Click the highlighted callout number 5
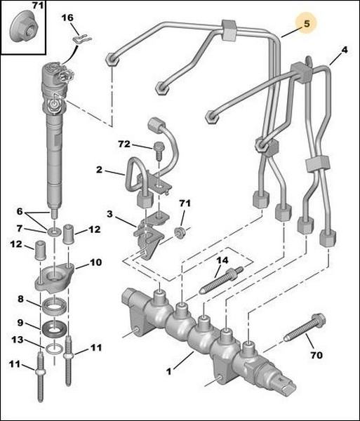[x=307, y=24]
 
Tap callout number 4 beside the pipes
[x=345, y=50]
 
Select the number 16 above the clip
[x=67, y=18]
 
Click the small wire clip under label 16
[x=82, y=40]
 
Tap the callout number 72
[x=124, y=144]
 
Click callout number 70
[x=316, y=355]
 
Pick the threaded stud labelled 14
[x=222, y=281]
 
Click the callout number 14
[x=222, y=260]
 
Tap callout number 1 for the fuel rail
[x=168, y=372]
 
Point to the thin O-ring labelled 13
[x=54, y=349]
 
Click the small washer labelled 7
[x=54, y=231]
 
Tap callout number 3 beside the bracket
[x=109, y=214]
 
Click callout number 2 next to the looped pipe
[x=100, y=170]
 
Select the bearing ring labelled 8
[x=54, y=306]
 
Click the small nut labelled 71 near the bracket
[x=180, y=232]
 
